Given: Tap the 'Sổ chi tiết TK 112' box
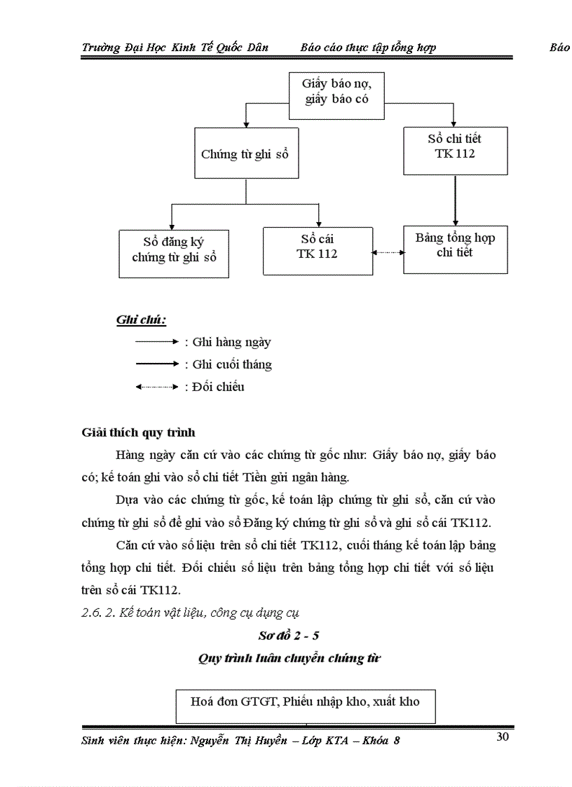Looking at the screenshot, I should click(455, 146).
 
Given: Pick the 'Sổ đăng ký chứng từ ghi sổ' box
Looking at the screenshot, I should click(174, 249).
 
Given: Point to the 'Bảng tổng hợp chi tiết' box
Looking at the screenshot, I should click(455, 245).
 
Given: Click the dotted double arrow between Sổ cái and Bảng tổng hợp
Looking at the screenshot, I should click(388, 252).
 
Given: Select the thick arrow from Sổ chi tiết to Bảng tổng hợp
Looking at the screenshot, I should click(456, 200).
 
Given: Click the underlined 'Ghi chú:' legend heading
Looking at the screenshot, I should click(141, 320).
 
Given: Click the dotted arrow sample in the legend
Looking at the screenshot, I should click(157, 386).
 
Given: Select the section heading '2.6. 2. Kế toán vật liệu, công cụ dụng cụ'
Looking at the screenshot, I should click(191, 613).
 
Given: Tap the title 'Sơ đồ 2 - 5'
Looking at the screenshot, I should click(289, 636).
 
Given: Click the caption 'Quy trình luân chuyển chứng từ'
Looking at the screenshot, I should click(289, 658).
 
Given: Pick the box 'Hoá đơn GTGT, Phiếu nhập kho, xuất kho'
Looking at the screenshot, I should click(305, 701).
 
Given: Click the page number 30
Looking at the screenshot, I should click(502, 736).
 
